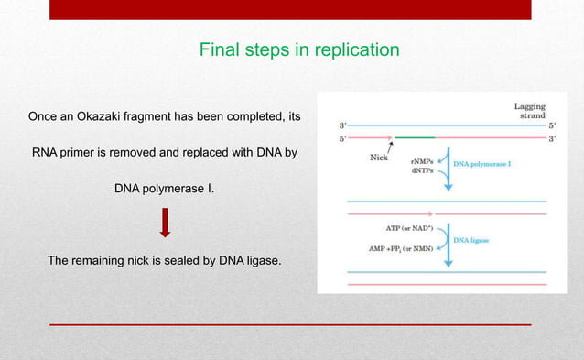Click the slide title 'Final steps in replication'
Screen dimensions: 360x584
299,49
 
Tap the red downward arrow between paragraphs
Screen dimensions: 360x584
166,223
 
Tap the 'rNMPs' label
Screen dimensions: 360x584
422,161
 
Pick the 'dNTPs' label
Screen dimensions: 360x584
422,171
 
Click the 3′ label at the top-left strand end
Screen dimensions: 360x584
342,125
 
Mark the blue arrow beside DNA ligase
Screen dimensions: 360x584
448,247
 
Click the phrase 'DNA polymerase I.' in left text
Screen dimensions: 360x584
165,188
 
